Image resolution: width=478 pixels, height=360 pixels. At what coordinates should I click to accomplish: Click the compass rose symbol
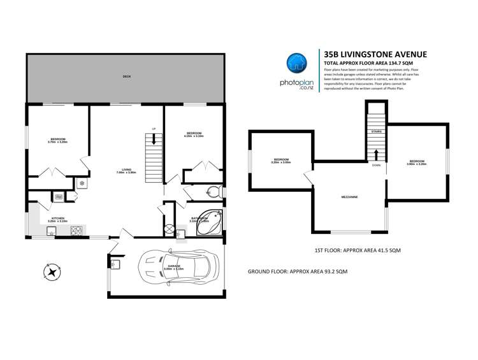(51, 272)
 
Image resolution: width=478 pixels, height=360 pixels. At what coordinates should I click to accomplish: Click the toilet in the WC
(215, 192)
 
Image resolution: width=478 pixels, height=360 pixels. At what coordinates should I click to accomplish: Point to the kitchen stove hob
(77, 230)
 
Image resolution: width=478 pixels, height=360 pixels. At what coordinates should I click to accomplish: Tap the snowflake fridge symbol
(82, 184)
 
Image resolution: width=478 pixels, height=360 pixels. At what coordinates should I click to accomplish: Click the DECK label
(126, 77)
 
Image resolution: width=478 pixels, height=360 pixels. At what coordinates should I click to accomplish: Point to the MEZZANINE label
(349, 197)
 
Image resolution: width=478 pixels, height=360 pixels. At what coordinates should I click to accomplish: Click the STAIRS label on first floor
(375, 131)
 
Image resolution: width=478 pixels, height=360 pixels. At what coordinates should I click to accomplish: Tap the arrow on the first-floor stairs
(376, 155)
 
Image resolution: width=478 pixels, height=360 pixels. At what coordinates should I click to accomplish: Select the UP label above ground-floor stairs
(153, 128)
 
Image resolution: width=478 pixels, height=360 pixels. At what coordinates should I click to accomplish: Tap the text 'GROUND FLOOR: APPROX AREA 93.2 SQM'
(297, 271)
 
